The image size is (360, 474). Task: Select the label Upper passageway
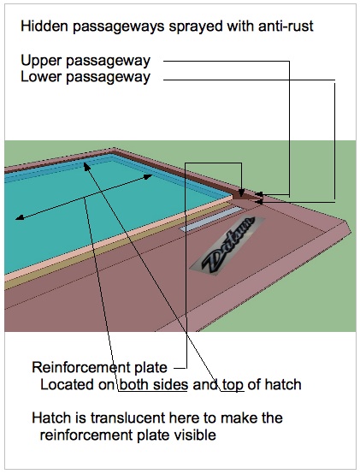tap(86, 61)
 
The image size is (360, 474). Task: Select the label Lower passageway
tap(86, 77)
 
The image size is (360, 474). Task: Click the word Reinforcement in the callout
tap(80, 367)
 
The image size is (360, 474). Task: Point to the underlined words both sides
tap(154, 385)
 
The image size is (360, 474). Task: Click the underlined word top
tap(233, 385)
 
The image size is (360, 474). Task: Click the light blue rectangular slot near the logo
tap(211, 219)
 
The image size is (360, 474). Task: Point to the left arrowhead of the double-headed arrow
tap(20, 217)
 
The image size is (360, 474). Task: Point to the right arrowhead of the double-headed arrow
tap(148, 176)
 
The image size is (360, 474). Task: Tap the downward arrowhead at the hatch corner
tap(241, 193)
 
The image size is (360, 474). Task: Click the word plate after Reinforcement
tap(150, 368)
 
